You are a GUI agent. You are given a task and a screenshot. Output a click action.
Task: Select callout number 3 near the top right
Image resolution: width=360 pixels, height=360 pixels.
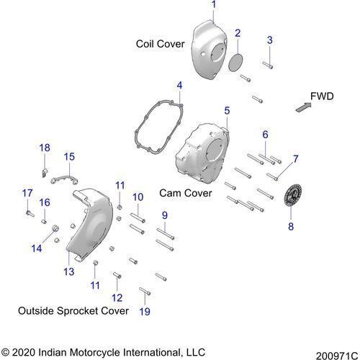tap(269, 39)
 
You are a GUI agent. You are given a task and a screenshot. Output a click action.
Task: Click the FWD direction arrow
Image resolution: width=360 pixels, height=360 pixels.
tap(303, 107)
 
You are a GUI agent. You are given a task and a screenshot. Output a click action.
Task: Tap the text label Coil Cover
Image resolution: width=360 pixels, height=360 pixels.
tap(161, 44)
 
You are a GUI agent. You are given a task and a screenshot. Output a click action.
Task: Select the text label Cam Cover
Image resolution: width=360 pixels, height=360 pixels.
tap(186, 194)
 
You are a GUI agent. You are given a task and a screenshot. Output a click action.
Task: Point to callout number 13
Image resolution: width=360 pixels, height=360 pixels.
tap(69, 271)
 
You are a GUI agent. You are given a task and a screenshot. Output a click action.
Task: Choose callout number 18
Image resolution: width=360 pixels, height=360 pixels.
tap(45, 148)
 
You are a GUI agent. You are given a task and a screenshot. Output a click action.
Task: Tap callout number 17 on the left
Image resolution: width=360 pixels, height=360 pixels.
tap(27, 192)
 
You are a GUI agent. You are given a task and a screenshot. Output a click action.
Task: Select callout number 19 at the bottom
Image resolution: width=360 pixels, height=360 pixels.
tap(144, 312)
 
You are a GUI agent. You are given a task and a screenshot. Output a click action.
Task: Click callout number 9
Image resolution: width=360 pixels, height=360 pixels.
tap(164, 215)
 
